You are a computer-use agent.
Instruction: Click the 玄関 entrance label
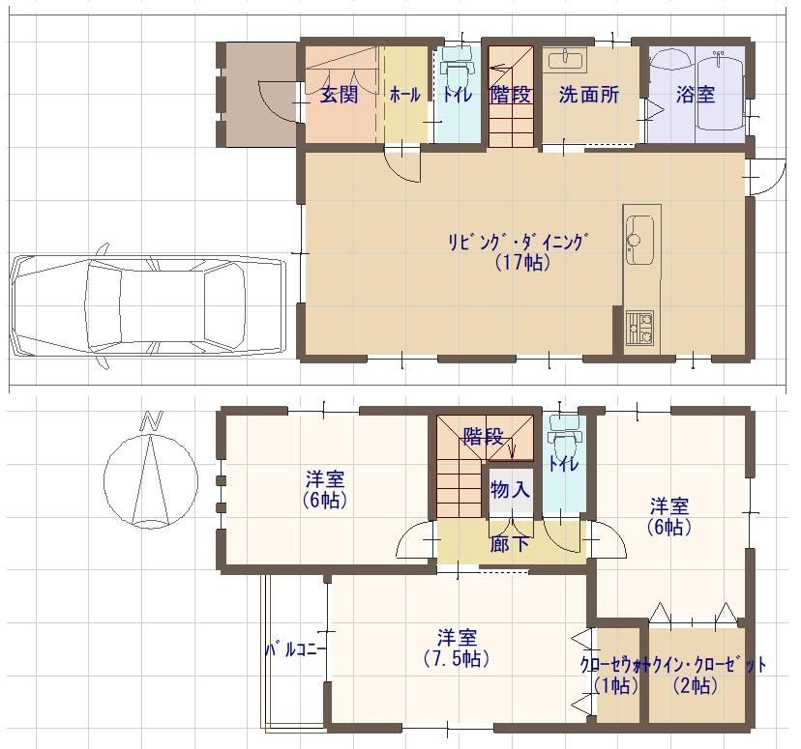click(340, 95)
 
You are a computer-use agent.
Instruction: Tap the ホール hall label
click(405, 95)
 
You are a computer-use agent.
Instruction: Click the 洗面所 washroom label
click(589, 95)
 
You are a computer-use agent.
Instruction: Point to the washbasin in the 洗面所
click(565, 60)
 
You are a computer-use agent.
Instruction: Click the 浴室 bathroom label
click(695, 95)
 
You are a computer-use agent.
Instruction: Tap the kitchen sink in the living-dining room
click(639, 240)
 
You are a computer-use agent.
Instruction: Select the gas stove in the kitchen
click(639, 328)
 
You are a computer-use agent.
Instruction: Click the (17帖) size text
click(522, 262)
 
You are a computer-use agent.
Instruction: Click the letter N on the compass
click(152, 421)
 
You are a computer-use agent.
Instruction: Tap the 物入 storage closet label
click(509, 490)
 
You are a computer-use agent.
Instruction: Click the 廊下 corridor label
click(509, 544)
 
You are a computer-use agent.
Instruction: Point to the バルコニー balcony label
click(295, 650)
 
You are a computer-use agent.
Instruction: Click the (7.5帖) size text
click(457, 659)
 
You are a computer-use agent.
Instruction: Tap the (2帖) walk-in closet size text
click(695, 686)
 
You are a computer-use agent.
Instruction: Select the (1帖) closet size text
click(616, 686)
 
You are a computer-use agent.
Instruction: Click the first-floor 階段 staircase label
click(511, 95)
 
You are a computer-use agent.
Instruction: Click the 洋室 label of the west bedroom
click(325, 479)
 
